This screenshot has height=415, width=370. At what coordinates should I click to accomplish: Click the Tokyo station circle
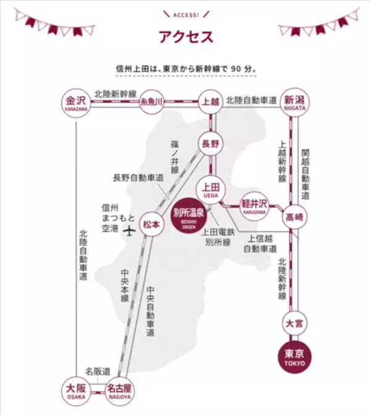[295, 357]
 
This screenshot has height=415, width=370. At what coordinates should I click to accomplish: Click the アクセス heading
[185, 36]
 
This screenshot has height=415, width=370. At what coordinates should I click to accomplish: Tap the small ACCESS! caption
[185, 14]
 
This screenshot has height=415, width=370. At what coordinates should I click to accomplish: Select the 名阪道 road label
[97, 371]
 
